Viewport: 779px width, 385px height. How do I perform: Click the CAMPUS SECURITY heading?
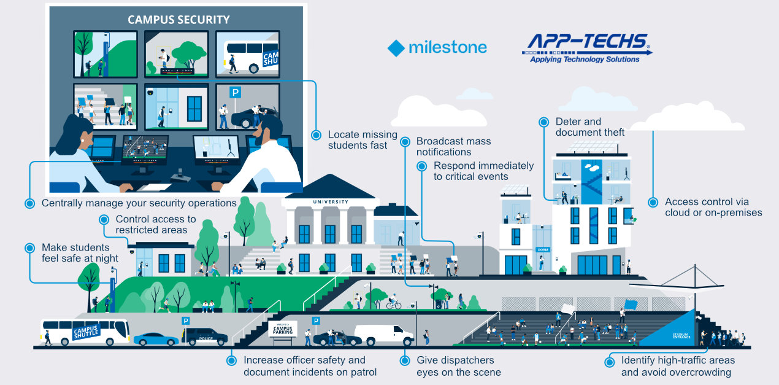(178, 20)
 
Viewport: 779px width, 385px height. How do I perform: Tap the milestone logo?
(437, 47)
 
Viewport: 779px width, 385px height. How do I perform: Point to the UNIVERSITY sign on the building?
(330, 202)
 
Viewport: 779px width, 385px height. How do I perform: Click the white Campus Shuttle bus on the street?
(85, 332)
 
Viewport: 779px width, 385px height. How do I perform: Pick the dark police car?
(205, 336)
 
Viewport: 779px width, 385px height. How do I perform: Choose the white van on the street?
(383, 335)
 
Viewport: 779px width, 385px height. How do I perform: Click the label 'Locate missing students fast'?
(362, 140)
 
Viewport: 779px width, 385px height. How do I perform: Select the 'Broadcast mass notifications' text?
(453, 147)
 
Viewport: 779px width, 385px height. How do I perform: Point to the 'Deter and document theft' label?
(589, 127)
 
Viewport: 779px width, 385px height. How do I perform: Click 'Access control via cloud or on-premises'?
(713, 208)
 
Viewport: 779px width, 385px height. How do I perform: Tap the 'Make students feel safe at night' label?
(80, 253)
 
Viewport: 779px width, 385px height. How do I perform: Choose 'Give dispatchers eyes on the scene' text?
(458, 366)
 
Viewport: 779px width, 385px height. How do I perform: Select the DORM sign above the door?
(542, 250)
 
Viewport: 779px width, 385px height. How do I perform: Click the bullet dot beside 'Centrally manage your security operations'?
(29, 203)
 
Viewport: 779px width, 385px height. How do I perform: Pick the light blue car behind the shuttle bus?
(156, 339)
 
